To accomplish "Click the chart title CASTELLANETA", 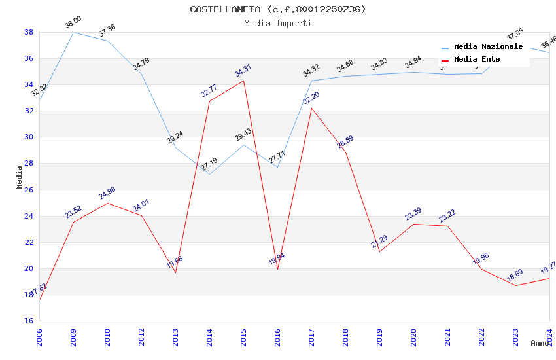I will [277, 9].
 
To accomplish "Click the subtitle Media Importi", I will [277, 23].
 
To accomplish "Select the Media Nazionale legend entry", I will [488, 47].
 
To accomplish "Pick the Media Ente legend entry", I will [477, 60].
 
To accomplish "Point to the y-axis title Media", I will [20, 177].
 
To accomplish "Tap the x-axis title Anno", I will [540, 343].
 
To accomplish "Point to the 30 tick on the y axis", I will [29, 137].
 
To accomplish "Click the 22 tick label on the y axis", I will [29, 242].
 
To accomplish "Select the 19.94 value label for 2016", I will [277, 259].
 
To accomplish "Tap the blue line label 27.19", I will [209, 164].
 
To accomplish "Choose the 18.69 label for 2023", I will [515, 276].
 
